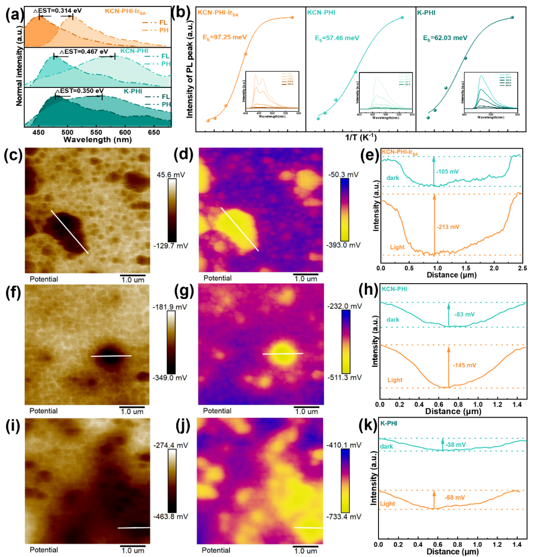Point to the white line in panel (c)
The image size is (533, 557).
click(x=70, y=232)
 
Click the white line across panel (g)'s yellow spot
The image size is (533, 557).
click(x=282, y=354)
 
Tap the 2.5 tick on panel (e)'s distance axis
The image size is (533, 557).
click(x=522, y=267)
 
